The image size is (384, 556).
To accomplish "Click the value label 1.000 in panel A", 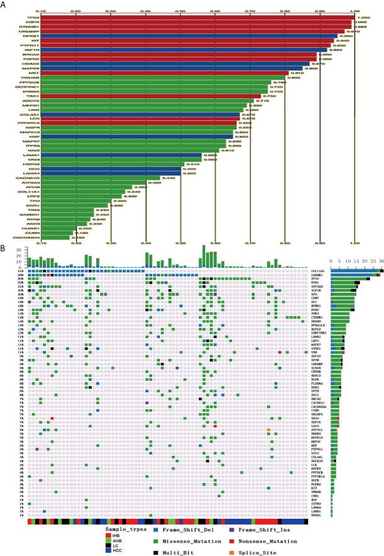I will coord(363,17).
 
